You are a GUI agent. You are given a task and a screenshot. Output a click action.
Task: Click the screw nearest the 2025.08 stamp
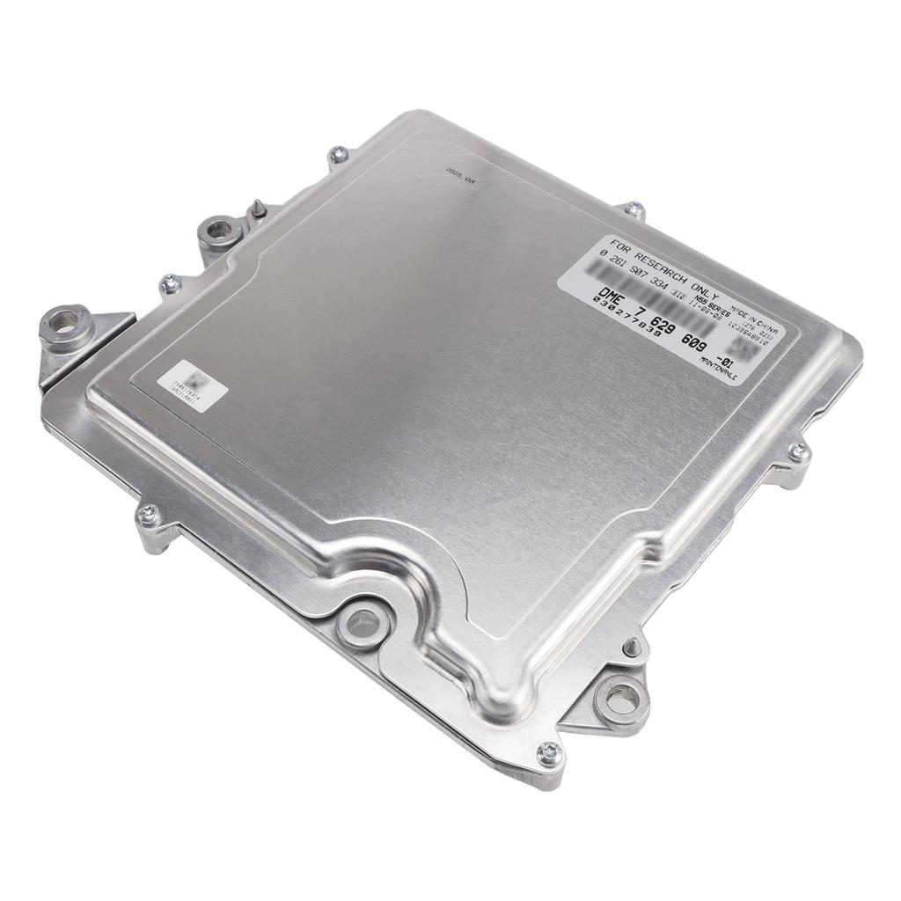coord(338,156)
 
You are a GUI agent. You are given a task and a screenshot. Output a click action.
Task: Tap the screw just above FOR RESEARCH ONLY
coord(634,209)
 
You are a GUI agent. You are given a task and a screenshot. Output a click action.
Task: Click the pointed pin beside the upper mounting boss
coord(256,208)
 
